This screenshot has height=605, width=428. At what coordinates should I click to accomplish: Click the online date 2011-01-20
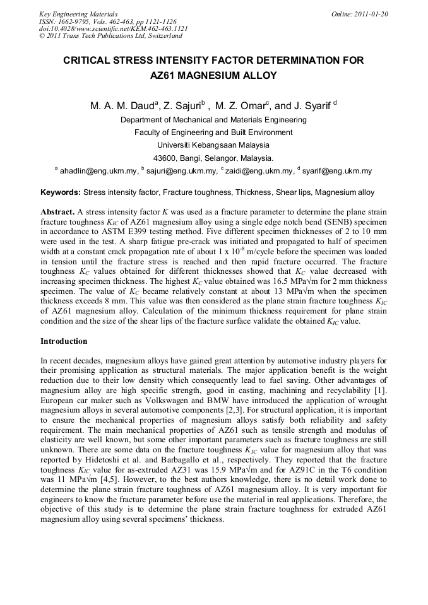click(x=369, y=14)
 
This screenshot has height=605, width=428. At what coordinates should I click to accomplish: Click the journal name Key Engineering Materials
click(x=78, y=14)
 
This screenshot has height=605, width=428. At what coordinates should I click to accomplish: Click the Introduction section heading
click(x=64, y=341)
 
